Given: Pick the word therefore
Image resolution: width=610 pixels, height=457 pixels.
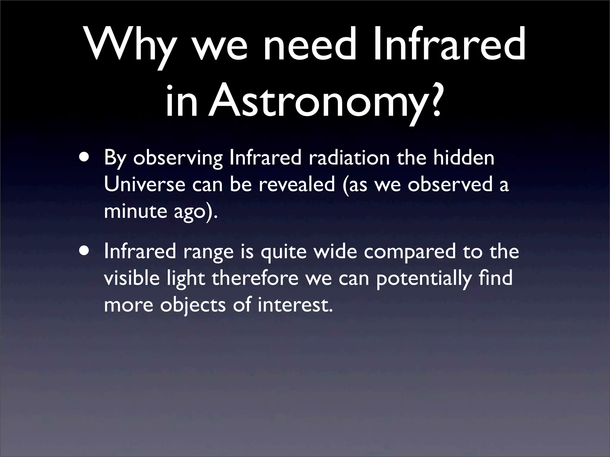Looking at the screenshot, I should tap(255, 278).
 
